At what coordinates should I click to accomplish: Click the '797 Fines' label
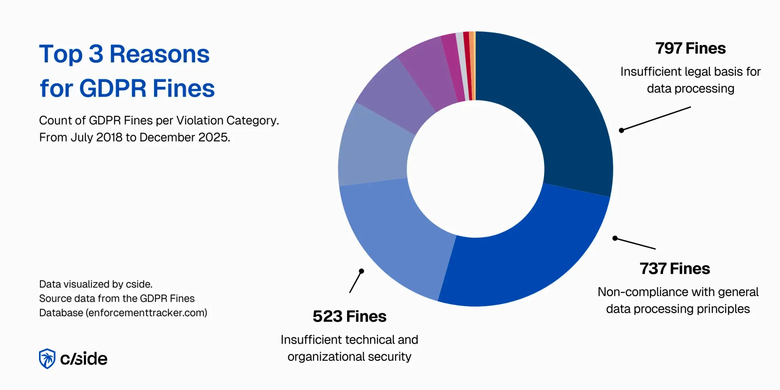click(x=690, y=49)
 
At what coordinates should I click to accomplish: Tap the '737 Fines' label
click(x=675, y=269)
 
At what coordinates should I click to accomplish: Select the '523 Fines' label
click(x=349, y=316)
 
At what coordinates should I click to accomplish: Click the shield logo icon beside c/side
click(x=47, y=358)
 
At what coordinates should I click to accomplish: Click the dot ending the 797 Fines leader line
click(x=621, y=130)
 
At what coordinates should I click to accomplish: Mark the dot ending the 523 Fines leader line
click(x=362, y=271)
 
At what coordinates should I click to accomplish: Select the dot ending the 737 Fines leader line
click(x=615, y=238)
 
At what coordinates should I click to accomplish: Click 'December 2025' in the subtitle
click(x=185, y=137)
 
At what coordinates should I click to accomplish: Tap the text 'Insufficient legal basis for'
click(x=690, y=72)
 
